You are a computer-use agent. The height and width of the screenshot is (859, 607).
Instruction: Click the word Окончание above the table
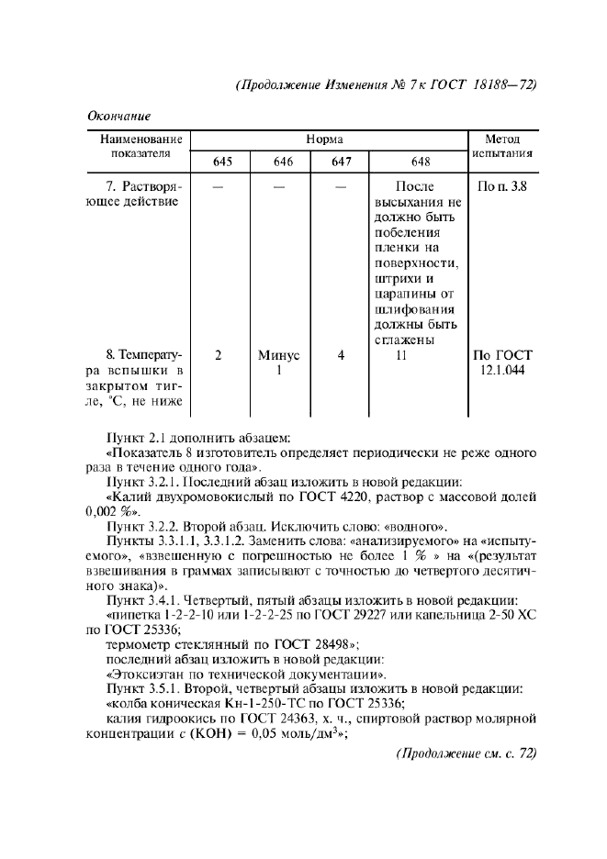tap(118, 116)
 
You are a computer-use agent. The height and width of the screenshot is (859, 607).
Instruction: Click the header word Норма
tap(327, 139)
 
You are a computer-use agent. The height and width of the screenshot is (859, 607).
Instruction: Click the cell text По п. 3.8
tap(502, 186)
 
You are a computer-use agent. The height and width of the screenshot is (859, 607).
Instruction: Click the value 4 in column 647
tap(341, 355)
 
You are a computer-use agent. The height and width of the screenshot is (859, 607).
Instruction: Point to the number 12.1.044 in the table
tap(503, 370)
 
